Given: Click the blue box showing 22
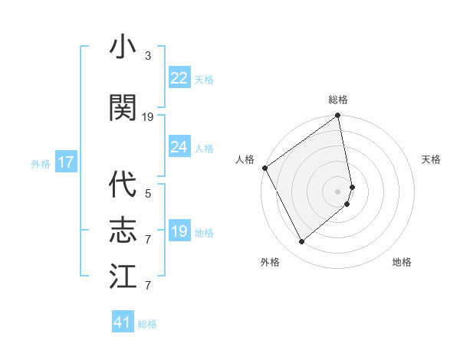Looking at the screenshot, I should [x=179, y=78].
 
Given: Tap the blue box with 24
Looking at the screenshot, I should [x=179, y=147].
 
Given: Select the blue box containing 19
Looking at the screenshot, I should [x=179, y=231].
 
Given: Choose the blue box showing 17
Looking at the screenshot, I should [x=65, y=162].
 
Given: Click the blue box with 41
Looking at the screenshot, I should [x=123, y=323].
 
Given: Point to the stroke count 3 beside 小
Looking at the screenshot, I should [x=148, y=56].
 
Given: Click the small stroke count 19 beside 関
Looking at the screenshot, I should [x=148, y=117].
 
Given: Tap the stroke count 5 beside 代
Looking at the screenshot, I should [x=148, y=194].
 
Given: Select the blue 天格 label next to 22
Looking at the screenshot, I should [x=204, y=79].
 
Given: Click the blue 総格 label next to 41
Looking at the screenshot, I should [x=147, y=324].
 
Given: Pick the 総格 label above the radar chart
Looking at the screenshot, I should [x=338, y=100].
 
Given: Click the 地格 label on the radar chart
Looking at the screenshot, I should [x=402, y=263].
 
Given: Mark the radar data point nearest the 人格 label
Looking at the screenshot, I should [x=264, y=168].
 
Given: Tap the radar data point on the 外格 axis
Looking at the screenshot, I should [x=301, y=242].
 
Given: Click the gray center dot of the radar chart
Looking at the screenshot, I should [x=338, y=191].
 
